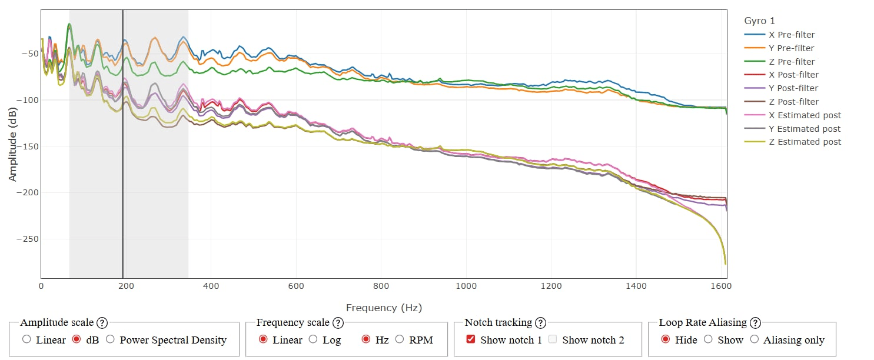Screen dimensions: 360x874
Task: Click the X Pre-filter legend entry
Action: (792, 35)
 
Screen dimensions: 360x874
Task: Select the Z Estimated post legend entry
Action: (805, 142)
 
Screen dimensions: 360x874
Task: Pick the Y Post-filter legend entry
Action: (793, 88)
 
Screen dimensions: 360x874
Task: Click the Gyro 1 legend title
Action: (760, 21)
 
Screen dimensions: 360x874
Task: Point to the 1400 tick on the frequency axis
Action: (636, 286)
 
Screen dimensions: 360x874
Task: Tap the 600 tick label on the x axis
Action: (296, 286)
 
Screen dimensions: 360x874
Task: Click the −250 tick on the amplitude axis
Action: (26, 239)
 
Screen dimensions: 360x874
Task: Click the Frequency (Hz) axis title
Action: (384, 308)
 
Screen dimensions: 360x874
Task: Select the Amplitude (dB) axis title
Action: (12, 145)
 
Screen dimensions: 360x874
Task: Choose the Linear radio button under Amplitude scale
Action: (26, 339)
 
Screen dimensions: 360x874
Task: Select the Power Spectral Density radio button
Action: (110, 339)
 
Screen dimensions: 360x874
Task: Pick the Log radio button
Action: (313, 339)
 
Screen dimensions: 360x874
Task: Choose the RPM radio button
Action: (400, 339)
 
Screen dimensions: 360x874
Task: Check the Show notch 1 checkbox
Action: (470, 339)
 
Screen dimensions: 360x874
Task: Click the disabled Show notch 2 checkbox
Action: (552, 339)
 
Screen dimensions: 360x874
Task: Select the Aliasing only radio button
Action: (754, 339)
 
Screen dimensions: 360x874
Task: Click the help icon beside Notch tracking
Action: (540, 322)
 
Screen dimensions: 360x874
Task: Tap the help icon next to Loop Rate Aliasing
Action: (755, 322)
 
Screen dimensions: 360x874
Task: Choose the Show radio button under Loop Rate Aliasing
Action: (708, 339)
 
